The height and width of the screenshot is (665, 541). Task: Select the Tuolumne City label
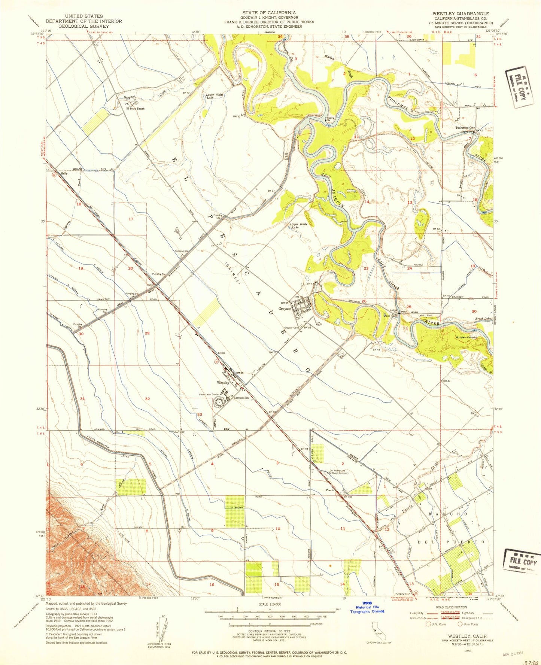[x=465, y=128]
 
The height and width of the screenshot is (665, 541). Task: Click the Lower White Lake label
[x=215, y=96]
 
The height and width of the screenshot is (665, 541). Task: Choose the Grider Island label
[x=466, y=337]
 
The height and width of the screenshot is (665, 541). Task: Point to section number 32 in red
[x=147, y=399]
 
